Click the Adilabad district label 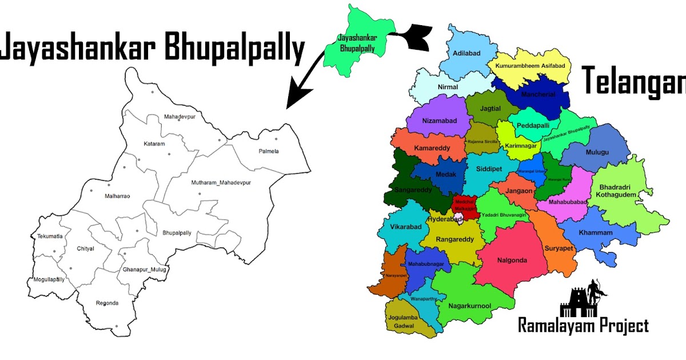click(x=466, y=53)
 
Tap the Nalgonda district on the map click(x=512, y=261)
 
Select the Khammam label click(x=595, y=233)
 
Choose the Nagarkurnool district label click(x=470, y=306)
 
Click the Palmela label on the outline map click(x=268, y=151)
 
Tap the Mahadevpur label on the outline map click(x=180, y=117)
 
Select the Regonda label click(x=107, y=303)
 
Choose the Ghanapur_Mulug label click(x=140, y=269)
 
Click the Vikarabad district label click(x=405, y=227)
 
